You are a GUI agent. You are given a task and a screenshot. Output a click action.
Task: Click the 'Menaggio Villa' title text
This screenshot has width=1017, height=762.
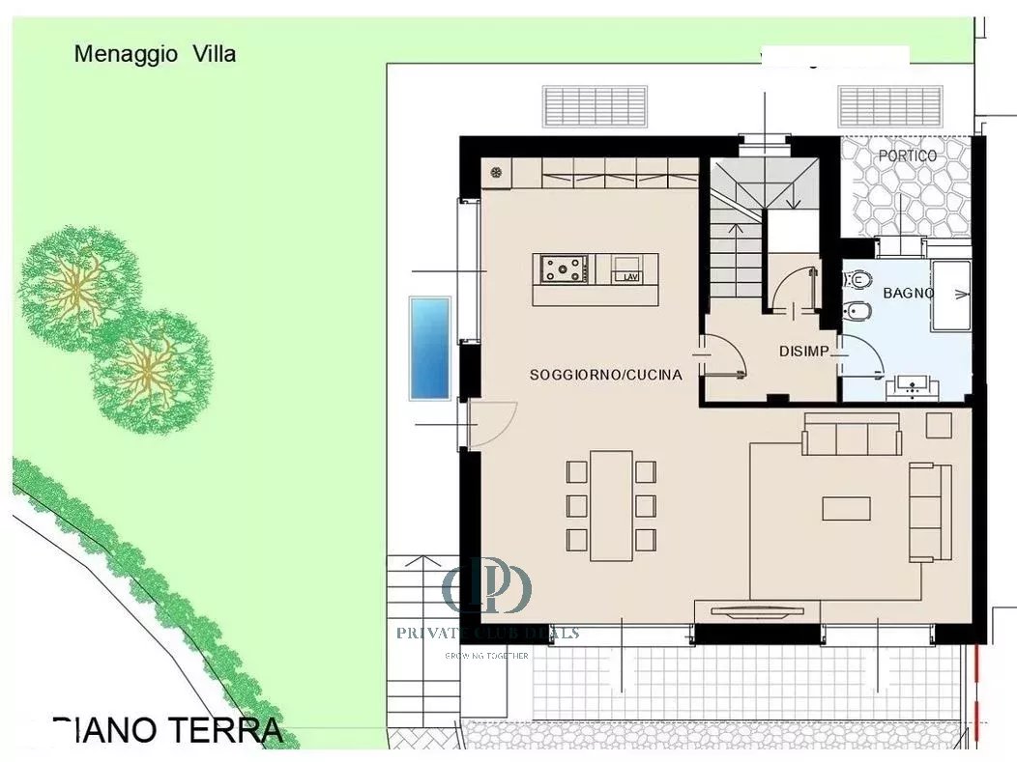155,54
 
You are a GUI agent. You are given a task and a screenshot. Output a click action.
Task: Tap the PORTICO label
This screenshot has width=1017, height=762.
907,155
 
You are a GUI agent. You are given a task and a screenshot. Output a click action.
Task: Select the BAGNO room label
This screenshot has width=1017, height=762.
908,293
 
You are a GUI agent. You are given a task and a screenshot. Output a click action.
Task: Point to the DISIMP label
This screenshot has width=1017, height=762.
803,352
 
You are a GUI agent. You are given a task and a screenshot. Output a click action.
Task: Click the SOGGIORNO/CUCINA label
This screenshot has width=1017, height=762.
605,375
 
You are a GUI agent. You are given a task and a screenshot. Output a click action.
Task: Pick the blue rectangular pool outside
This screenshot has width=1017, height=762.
430,348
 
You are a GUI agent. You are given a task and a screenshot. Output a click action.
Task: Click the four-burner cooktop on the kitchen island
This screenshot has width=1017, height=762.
565,268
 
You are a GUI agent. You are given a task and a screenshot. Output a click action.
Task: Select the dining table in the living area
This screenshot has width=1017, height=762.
611,505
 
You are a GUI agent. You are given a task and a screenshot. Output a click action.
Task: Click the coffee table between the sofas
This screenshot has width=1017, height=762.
846,508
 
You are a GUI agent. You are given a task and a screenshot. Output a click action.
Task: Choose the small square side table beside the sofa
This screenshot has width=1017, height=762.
939,425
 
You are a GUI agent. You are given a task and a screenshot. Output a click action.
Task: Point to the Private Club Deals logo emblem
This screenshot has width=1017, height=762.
488,585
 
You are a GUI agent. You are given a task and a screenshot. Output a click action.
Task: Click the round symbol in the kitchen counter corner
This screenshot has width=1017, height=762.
497,172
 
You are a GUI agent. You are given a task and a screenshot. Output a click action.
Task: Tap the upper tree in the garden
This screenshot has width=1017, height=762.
73,282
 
